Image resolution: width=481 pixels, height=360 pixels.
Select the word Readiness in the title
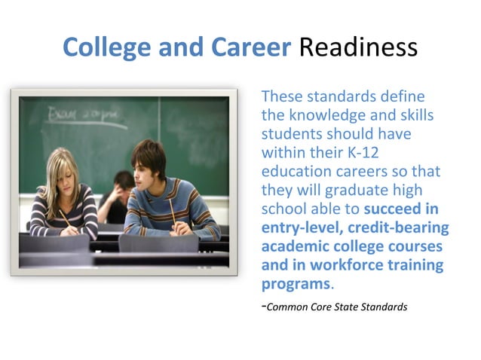(358, 47)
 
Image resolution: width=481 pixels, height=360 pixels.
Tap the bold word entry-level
(298, 228)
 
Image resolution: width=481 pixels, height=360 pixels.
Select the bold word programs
(296, 284)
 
